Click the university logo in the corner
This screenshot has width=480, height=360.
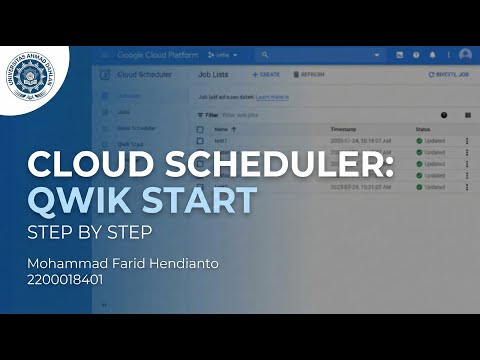36,80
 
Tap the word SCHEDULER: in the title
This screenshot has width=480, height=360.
269,164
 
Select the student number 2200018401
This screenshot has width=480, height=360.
69,281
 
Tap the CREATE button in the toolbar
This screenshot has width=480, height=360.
266,75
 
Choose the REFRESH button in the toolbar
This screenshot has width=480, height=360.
310,75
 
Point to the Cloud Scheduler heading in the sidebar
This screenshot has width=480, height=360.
146,75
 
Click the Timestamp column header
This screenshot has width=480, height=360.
345,129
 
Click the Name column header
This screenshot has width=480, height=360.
221,129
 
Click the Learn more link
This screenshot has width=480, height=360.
273,97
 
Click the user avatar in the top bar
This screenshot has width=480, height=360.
465,54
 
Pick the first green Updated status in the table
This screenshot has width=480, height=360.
431,142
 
